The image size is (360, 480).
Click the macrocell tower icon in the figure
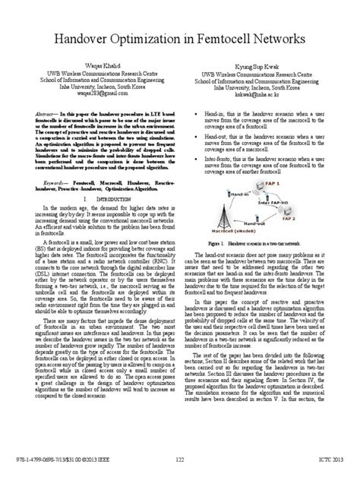(x=232, y=223)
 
